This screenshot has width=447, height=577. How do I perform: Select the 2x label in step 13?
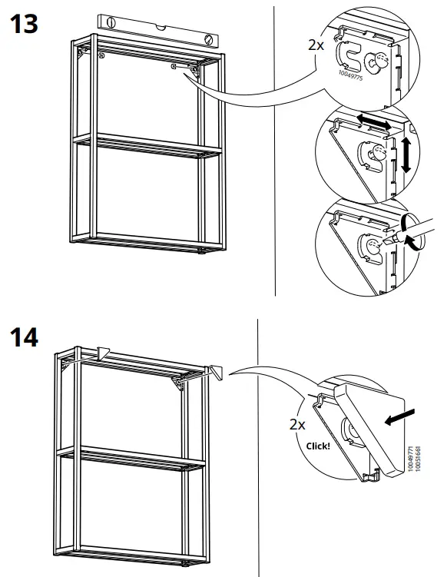pos(316,44)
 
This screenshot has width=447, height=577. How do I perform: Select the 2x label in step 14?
pos(297,423)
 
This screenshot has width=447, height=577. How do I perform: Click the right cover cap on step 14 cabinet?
pos(216,371)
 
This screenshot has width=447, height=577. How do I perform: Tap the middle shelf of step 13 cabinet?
pos(146,145)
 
